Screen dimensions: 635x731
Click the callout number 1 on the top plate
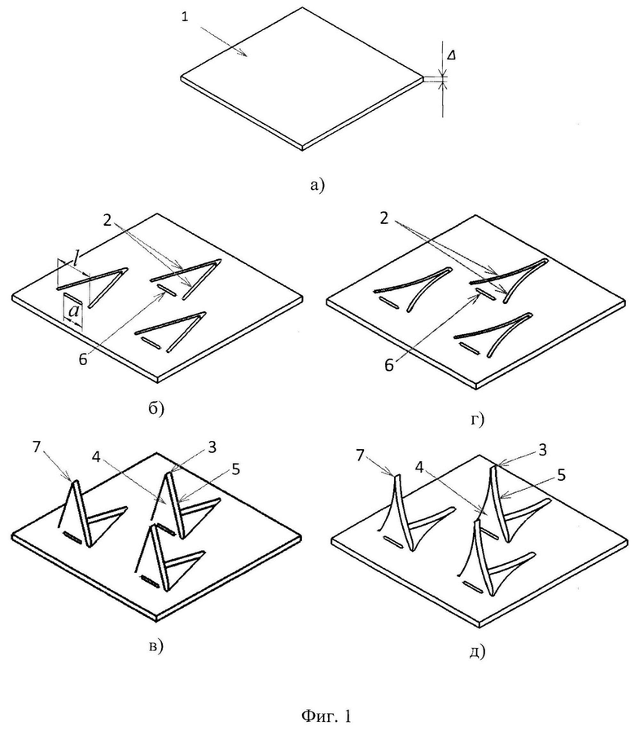coord(186,18)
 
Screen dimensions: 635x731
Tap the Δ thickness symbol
coord(451,55)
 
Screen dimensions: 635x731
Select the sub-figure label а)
coord(317,185)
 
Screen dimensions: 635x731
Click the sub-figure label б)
coord(156,408)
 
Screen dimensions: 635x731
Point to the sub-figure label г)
coord(477,419)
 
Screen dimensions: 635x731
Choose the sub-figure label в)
coord(155,646)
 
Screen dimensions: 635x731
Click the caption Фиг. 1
coord(326,715)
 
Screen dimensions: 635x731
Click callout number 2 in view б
coord(108,221)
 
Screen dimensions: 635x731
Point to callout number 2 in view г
coord(384,218)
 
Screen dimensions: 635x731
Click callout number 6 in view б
coord(82,359)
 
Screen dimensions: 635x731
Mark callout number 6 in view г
coord(389,365)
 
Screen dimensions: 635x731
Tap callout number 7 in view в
coord(37,447)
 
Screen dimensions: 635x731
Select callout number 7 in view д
coord(360,455)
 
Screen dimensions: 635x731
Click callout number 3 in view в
coord(212,447)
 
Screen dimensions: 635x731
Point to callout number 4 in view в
coord(96,457)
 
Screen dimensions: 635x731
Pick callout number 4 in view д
coord(419,467)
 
